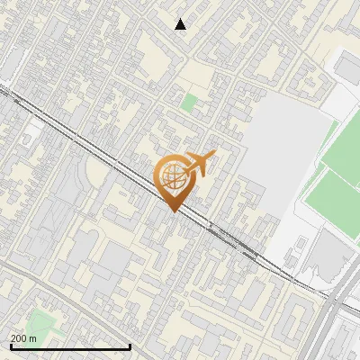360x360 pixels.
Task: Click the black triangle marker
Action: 181,24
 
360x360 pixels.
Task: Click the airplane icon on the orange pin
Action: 200,164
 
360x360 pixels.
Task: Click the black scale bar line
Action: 70,346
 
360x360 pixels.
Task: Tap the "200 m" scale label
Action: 23,338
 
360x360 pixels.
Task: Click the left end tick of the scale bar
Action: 11,345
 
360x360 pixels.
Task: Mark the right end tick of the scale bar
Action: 130,345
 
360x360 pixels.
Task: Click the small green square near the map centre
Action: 187,103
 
